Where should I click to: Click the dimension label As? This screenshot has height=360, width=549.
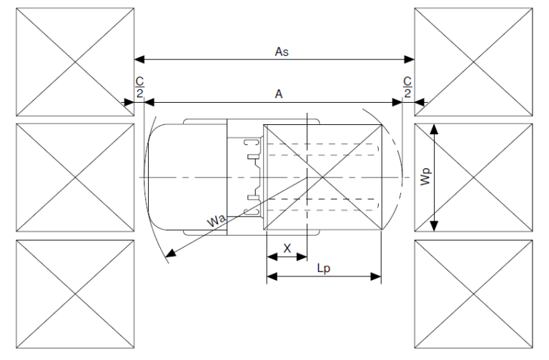(x=281, y=51)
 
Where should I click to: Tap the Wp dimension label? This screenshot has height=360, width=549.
(x=425, y=177)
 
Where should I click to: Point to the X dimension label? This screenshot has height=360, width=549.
(x=287, y=247)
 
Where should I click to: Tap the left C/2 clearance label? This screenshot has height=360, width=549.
(x=139, y=86)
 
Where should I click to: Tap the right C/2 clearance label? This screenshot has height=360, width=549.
(x=407, y=86)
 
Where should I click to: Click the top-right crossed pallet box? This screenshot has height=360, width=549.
(x=473, y=62)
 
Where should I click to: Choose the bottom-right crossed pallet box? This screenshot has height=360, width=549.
(x=473, y=293)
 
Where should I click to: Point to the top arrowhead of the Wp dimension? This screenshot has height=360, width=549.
(x=434, y=126)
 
